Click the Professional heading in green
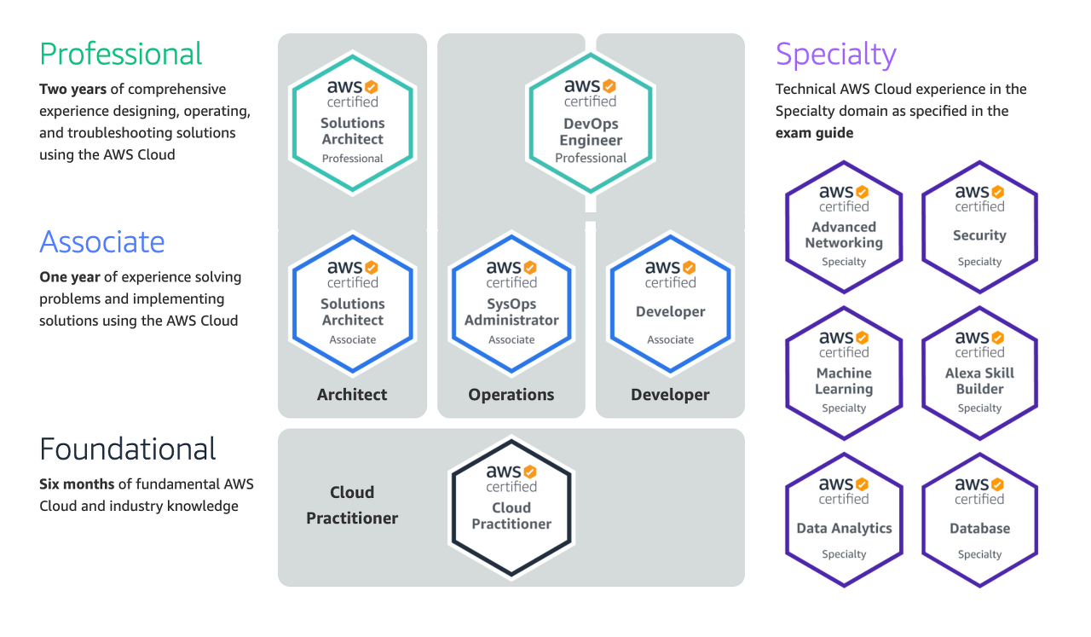tap(121, 54)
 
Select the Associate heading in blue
tap(101, 241)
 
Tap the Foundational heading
tap(128, 449)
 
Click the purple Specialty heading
tap(835, 55)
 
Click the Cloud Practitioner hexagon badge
tap(511, 507)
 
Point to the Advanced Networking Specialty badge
tap(844, 227)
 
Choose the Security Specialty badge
tap(979, 227)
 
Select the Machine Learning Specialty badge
tap(844, 373)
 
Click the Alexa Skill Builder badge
tap(979, 373)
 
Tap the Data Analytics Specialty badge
tap(844, 519)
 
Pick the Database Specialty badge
tap(979, 519)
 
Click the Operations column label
tap(511, 395)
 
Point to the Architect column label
tap(352, 395)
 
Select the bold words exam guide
tap(814, 133)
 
